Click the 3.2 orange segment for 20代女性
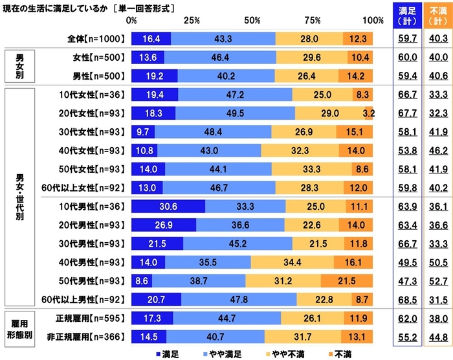pyautogui.click(x=369, y=113)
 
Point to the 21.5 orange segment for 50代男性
pyautogui.click(x=347, y=281)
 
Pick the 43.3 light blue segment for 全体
pyautogui.click(x=223, y=38)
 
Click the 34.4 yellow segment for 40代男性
pyautogui.click(x=293, y=262)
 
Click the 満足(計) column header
pyautogui.click(x=408, y=15)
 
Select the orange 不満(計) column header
pyautogui.click(x=438, y=15)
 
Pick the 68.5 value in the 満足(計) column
pyautogui.click(x=408, y=300)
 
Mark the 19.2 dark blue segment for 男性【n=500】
pyautogui.click(x=155, y=76)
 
